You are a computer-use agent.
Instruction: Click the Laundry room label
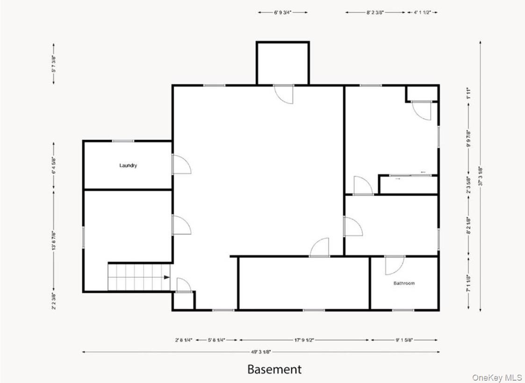tap(128, 166)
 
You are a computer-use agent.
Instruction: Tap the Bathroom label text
tap(404, 283)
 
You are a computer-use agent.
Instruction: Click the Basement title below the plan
tap(274, 369)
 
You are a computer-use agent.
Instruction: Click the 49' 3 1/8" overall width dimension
tap(260, 352)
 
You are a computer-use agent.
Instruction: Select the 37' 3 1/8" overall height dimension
tap(481, 176)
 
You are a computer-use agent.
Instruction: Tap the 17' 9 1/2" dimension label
tap(304, 340)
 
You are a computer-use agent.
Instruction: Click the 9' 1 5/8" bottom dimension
tap(404, 340)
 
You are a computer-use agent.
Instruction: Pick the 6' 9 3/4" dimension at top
tap(283, 13)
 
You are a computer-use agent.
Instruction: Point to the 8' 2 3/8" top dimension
tap(375, 13)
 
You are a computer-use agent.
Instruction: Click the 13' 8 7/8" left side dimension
tap(54, 241)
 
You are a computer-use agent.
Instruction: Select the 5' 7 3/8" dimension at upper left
tap(54, 64)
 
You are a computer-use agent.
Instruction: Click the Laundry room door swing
tap(181, 165)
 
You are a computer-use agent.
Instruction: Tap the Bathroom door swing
tap(394, 266)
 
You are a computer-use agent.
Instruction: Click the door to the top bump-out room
tap(284, 94)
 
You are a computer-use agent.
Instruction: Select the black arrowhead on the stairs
tap(167, 277)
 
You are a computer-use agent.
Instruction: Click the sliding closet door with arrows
tap(408, 176)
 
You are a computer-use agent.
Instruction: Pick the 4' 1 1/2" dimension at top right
tap(423, 13)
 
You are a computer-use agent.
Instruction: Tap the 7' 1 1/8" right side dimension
tap(468, 283)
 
